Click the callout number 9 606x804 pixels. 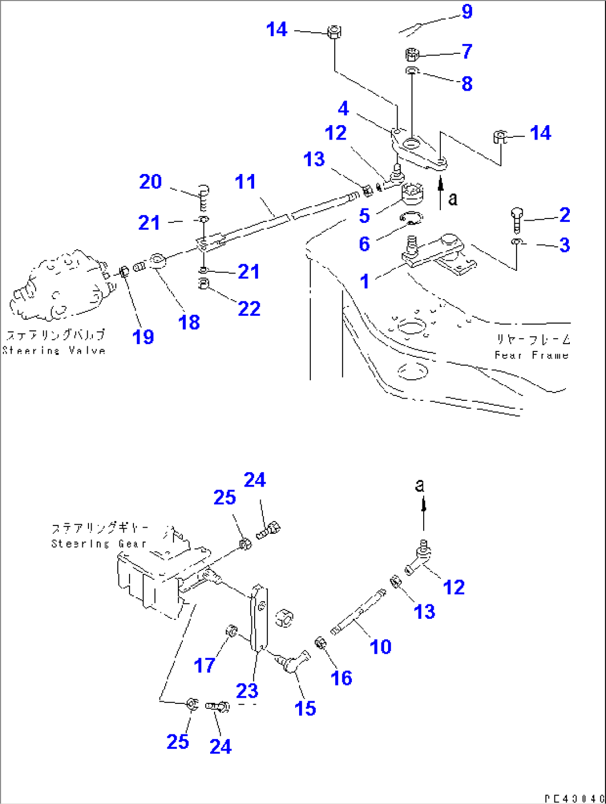[x=467, y=12]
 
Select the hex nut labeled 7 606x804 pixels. [x=411, y=54]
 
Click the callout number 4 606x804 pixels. [x=344, y=108]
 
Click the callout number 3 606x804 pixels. [x=565, y=245]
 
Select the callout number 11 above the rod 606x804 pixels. [x=245, y=182]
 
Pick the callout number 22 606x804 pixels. [x=249, y=309]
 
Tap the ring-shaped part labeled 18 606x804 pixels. [x=157, y=260]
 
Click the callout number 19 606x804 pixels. [x=143, y=336]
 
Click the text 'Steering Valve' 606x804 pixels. [x=54, y=350]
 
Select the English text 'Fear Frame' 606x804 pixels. [x=532, y=355]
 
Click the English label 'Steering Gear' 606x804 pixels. [x=98, y=543]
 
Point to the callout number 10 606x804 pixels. [x=381, y=647]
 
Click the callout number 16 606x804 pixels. [x=341, y=678]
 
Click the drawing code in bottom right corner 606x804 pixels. [x=573, y=798]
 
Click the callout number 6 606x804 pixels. [x=364, y=244]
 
